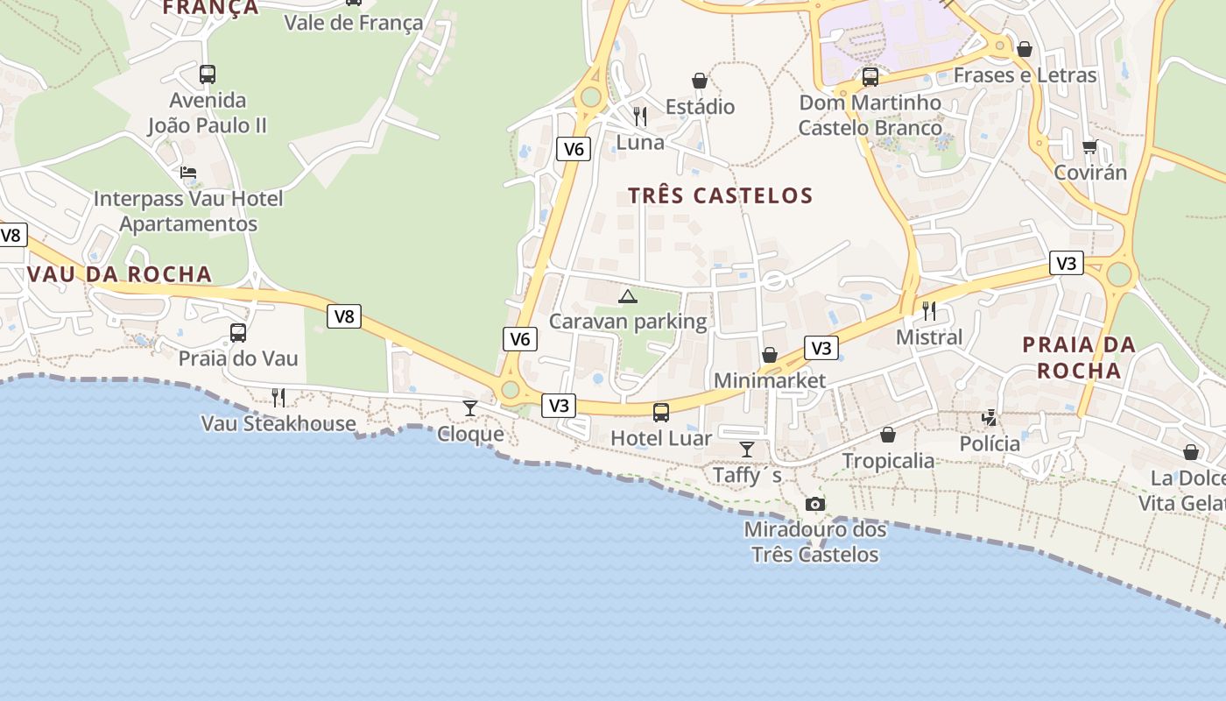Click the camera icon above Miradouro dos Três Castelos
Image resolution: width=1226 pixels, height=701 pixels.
coord(814,504)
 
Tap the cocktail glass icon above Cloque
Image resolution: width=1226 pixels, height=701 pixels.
coord(470,407)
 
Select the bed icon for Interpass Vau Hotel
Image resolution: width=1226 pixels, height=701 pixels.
coord(188,173)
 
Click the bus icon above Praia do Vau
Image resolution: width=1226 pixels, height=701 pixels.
coord(237,333)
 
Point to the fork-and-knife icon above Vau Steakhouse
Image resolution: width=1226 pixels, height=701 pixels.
coord(278,398)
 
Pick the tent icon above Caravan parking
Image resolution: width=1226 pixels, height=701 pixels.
coord(627,296)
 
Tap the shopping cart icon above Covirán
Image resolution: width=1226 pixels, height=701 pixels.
coord(1089,146)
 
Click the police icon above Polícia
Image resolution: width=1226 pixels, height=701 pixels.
coord(990,418)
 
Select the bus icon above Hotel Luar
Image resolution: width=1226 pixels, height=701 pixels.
coord(661,412)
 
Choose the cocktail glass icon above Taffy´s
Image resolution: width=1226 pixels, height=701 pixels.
coord(746,450)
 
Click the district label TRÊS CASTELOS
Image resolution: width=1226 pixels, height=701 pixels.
coord(721,195)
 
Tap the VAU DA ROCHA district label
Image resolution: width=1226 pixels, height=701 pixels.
coord(119,274)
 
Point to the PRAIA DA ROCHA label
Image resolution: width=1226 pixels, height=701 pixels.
coord(1079,358)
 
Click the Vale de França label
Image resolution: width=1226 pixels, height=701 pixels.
coord(354,23)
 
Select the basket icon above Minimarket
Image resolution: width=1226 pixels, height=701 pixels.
coord(769,355)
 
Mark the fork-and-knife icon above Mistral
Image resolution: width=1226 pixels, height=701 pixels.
coord(928,311)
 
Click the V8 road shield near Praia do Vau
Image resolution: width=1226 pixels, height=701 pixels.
coord(344,316)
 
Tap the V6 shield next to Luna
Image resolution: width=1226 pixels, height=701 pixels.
coord(574,149)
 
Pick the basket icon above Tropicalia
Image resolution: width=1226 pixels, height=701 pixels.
coord(888,435)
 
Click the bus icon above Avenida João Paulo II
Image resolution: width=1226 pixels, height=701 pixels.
coord(208,74)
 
